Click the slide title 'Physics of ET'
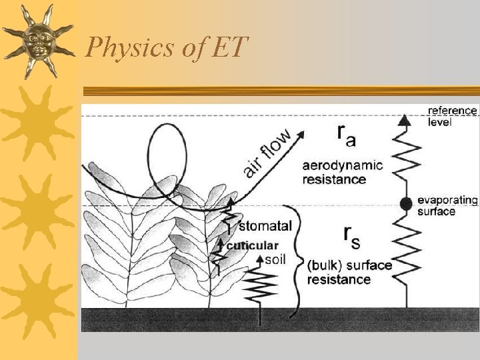point(167,47)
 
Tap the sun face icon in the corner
point(37,40)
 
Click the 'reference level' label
point(452,116)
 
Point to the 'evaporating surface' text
point(447,205)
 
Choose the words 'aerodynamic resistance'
point(343,172)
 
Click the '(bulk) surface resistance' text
point(349,272)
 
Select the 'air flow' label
point(267,154)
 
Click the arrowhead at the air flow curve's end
point(302,133)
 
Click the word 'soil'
point(275,259)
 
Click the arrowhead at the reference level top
point(403,121)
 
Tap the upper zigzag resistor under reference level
point(404,160)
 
